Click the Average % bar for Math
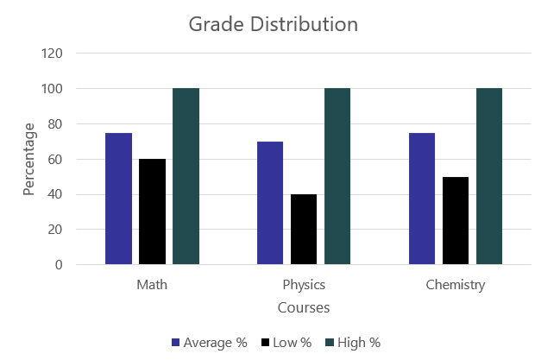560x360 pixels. (118, 199)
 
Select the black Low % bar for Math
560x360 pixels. (152, 212)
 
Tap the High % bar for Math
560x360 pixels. (186, 176)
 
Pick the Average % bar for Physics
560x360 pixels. (270, 203)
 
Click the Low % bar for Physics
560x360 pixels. (304, 229)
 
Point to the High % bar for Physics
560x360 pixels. (337, 176)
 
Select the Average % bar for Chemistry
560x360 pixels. (422, 199)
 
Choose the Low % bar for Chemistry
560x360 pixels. (456, 220)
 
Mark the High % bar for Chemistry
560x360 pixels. (489, 176)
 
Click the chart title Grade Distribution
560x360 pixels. (273, 24)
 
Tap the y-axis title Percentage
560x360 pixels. (30, 159)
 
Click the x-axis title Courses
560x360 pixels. (304, 307)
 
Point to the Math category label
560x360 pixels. (152, 285)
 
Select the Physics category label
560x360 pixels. (304, 285)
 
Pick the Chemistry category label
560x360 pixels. (456, 285)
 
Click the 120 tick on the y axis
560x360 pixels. (52, 54)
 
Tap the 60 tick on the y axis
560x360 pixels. (55, 159)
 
